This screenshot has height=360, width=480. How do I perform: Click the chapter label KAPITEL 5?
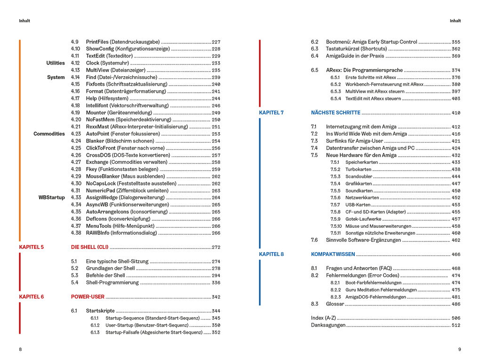click(32, 247)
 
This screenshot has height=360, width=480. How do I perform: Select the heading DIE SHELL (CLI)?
click(90, 247)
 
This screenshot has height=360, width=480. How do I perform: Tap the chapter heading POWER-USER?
click(88, 297)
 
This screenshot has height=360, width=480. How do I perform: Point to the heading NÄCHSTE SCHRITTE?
click(336, 113)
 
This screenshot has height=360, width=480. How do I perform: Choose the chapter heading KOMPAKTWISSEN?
click(333, 255)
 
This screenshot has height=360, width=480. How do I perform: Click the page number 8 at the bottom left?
click(20, 349)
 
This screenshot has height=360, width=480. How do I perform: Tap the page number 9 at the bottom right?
click(459, 349)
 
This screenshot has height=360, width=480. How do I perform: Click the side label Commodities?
click(49, 134)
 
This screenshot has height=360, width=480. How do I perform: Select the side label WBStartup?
click(52, 198)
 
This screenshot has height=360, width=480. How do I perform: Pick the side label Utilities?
click(56, 63)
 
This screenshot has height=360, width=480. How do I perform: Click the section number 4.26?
click(76, 155)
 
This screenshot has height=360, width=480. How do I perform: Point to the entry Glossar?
click(336, 304)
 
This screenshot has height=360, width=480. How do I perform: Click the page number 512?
click(456, 325)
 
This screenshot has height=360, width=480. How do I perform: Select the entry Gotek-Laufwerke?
click(363, 219)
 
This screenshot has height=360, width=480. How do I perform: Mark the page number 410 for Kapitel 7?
click(456, 113)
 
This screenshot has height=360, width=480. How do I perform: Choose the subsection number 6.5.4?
click(336, 99)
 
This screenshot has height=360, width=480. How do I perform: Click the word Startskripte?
click(100, 311)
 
